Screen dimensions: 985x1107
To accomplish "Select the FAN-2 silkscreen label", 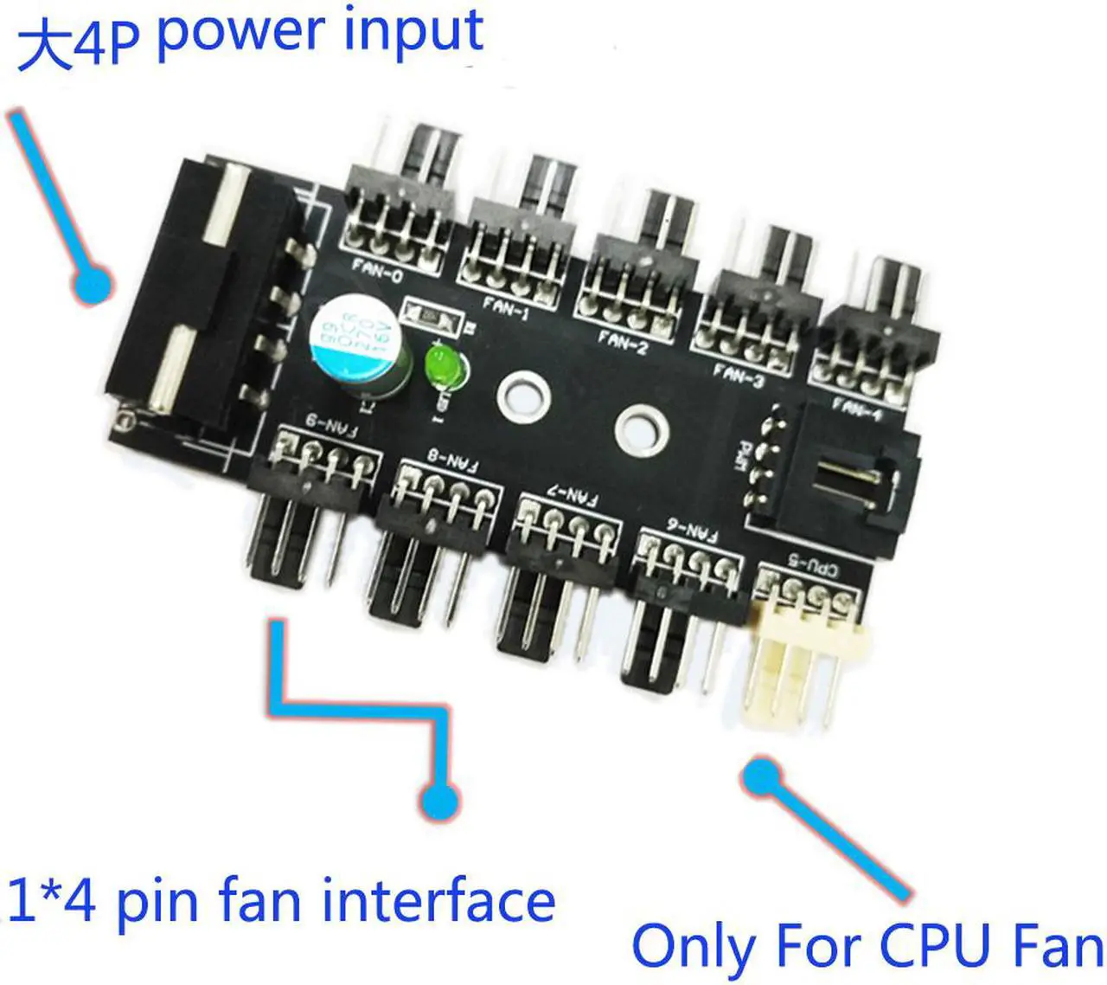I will pos(623,341).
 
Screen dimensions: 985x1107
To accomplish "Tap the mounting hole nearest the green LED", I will pos(522,396).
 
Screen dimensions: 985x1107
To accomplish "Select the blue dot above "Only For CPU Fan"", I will pos(760,776).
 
